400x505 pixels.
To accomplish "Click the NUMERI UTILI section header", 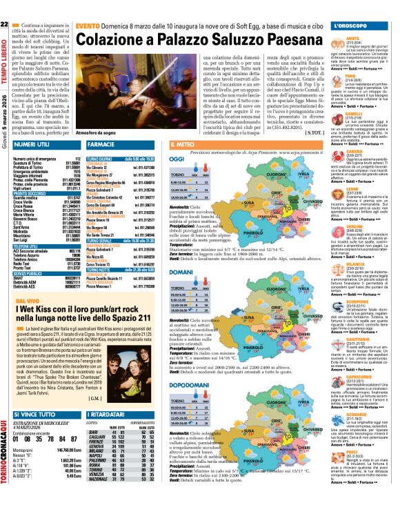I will tap(30, 144).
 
